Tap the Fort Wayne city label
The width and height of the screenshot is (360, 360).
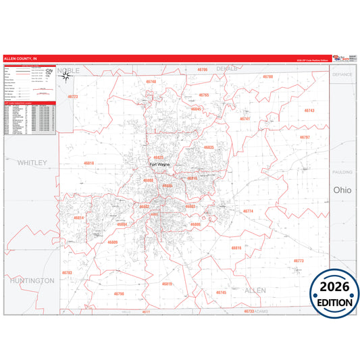pos(161,163)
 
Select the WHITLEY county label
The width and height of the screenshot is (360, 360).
pos(32,163)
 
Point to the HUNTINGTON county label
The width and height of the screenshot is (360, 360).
pos(32,280)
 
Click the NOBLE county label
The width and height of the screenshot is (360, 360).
pos(69,70)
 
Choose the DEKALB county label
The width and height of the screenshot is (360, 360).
pos(227,69)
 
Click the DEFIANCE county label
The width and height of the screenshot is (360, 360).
pos(342,74)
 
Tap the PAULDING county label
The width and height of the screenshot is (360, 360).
pos(342,173)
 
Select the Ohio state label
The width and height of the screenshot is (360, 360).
pos(342,190)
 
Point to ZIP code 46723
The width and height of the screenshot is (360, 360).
pos(73,97)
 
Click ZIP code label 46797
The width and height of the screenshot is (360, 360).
pos(304,137)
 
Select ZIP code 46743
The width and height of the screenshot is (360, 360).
pos(309,110)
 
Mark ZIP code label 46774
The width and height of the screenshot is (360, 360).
pos(248,211)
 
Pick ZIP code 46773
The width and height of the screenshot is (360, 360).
pos(299,260)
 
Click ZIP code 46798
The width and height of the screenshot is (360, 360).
pos(119,294)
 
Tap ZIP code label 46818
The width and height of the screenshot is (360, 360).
pos(88,163)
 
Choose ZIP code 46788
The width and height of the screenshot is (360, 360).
pos(267,77)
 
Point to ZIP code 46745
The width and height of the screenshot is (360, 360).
pos(221,292)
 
